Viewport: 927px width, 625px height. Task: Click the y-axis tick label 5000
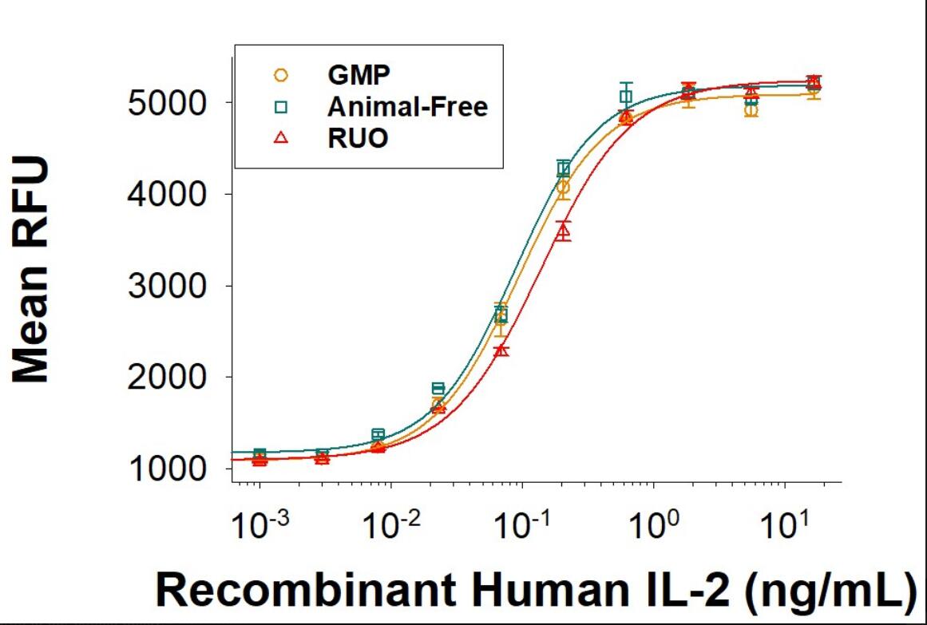click(172, 103)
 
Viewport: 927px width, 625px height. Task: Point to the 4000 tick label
click(172, 194)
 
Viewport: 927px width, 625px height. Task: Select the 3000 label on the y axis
click(172, 286)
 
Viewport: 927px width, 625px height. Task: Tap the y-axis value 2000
click(172, 377)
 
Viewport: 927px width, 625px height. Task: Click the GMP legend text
click(359, 75)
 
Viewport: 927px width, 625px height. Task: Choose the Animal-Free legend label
click(407, 106)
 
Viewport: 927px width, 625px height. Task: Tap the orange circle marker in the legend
click(280, 75)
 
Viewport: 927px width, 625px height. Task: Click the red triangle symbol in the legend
click(280, 137)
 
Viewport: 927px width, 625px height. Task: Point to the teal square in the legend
click(280, 106)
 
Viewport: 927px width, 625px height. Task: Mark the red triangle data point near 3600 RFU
click(563, 231)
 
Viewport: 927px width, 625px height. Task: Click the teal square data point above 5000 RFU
click(626, 97)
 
